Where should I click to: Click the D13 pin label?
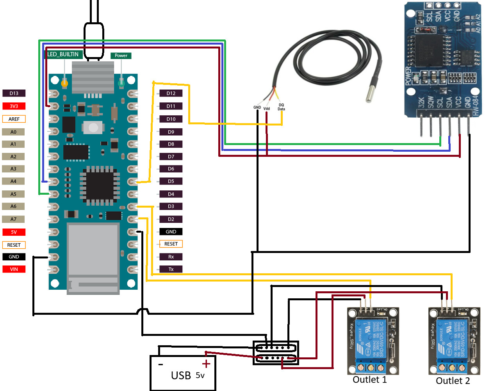coord(14,93)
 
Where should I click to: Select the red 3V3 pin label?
coord(14,106)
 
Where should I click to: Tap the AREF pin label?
coord(14,119)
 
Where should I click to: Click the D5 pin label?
coord(171,181)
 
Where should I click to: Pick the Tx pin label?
coord(171,269)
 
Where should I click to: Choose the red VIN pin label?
coord(14,269)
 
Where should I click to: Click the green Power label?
coord(121,56)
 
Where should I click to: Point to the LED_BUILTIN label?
coord(63,54)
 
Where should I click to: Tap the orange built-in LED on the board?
coord(64,83)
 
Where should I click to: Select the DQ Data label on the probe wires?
coord(281,107)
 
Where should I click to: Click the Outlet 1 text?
coord(369,380)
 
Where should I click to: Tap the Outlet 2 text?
coord(453,381)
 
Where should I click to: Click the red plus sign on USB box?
coord(206,364)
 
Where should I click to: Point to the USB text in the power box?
coord(181,375)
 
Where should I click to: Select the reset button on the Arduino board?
coord(93,127)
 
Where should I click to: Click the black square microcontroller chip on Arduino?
coord(100,185)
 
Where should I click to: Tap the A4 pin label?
coord(14,181)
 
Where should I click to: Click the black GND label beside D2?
coord(171,231)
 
